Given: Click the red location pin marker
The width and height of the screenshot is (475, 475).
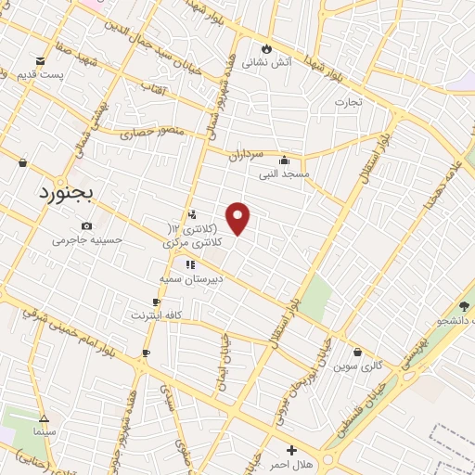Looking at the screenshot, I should click(238, 218).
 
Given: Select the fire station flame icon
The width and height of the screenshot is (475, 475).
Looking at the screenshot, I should click(267, 48).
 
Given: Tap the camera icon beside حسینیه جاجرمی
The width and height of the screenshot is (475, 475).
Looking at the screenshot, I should click(86, 225).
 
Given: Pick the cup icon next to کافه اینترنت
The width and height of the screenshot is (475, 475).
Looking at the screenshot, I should click(156, 302).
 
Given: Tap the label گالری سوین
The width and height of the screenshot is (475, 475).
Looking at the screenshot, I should click(360, 366).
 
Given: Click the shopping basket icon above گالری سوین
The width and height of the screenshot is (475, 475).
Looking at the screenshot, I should click(358, 352).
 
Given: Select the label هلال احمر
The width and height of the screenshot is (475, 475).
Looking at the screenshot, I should click(290, 463).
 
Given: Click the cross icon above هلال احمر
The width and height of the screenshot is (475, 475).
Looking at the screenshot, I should click(291, 449).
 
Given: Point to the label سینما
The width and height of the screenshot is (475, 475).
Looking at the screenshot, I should click(44, 432).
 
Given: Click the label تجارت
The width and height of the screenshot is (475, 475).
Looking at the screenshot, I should click(347, 102).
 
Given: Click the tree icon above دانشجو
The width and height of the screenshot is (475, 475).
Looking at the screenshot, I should click(464, 306).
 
